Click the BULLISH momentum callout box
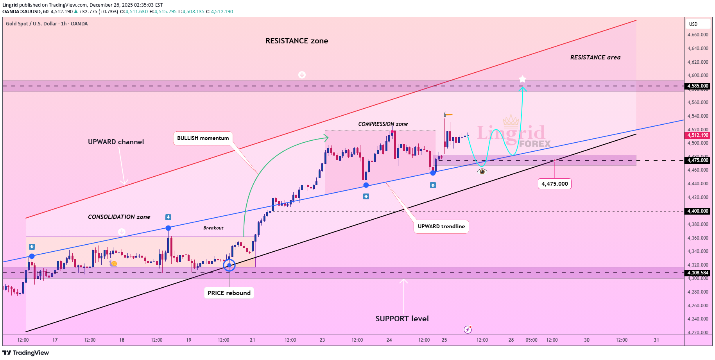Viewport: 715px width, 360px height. pyautogui.click(x=203, y=138)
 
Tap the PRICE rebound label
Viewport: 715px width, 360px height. pyautogui.click(x=229, y=293)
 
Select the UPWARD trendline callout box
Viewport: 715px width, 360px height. pyautogui.click(x=441, y=226)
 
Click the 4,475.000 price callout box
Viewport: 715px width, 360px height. pyautogui.click(x=554, y=184)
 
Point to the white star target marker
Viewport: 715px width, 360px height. pyautogui.click(x=522, y=79)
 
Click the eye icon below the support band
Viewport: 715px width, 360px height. pyautogui.click(x=482, y=171)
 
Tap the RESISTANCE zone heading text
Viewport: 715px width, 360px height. pyautogui.click(x=297, y=41)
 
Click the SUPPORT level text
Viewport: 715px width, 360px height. pyautogui.click(x=402, y=319)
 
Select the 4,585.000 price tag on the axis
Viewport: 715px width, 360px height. pyautogui.click(x=699, y=86)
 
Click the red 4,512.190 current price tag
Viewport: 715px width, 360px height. pyautogui.click(x=699, y=135)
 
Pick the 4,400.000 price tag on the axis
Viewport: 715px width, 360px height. pyautogui.click(x=699, y=211)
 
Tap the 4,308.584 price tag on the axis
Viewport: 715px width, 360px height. pyautogui.click(x=699, y=273)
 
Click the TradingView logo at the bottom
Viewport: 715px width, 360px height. pyautogui.click(x=26, y=353)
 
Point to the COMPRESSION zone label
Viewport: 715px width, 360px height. pyautogui.click(x=383, y=124)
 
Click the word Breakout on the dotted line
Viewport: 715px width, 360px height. pyautogui.click(x=213, y=228)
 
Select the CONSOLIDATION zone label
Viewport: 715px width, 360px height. pyautogui.click(x=119, y=217)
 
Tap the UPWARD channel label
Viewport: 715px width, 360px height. pyautogui.click(x=116, y=142)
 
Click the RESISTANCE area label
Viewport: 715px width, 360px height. pyautogui.click(x=595, y=57)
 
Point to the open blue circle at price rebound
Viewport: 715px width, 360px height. pyautogui.click(x=229, y=265)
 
